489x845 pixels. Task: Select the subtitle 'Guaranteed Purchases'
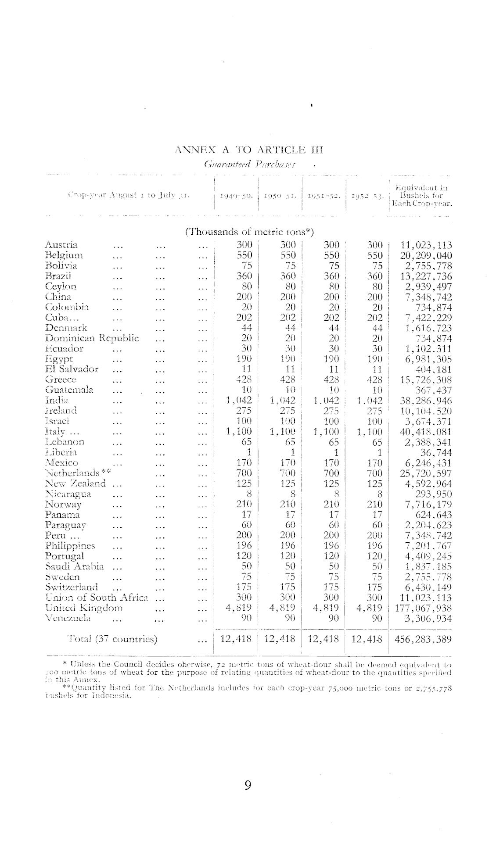point(250,165)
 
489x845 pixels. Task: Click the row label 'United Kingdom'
point(84,608)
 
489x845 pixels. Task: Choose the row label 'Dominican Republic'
point(92,338)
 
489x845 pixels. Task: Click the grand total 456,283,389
point(423,639)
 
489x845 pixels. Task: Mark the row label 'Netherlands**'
point(77,473)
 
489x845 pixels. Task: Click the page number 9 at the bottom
point(248,785)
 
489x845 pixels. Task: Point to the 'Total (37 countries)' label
point(112,639)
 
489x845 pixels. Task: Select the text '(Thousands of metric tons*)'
point(249,232)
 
